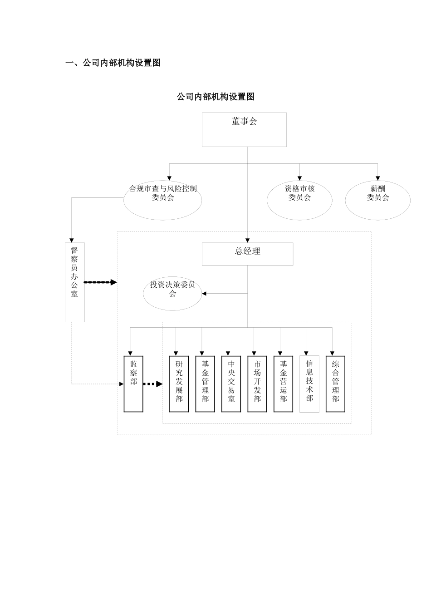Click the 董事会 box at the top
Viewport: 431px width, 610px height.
pos(244,130)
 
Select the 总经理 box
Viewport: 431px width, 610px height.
pos(247,254)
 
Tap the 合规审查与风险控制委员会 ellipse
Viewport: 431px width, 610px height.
pos(163,200)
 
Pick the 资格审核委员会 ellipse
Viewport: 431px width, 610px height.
pos(299,200)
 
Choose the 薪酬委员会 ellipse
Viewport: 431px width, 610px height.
pos(377,200)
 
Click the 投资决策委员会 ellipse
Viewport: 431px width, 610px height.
pos(172,294)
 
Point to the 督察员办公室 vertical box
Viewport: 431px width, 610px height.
pos(75,282)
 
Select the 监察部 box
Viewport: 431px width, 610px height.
pos(133,384)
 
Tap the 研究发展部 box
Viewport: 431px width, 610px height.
pos(179,384)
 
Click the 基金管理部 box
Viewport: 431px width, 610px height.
pos(205,384)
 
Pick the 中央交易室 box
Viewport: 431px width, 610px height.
pos(231,384)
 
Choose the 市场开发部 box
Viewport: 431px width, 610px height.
pos(257,384)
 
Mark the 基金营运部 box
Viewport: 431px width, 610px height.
pos(284,384)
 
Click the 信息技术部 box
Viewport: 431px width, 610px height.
pos(309,384)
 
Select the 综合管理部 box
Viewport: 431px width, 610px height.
pos(336,384)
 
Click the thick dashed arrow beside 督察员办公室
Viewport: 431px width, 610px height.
pos(100,282)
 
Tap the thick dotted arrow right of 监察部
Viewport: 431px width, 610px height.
pos(153,384)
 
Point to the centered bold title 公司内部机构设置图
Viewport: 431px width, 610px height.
pos(215,97)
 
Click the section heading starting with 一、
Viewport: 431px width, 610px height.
pos(113,63)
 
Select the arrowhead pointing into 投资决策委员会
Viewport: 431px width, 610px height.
pos(204,294)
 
